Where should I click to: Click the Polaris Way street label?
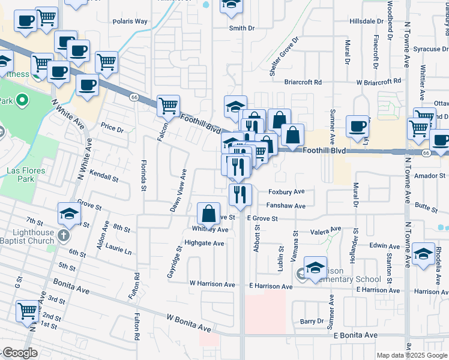(130, 21)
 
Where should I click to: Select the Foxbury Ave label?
(286, 192)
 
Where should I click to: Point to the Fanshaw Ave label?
(286, 206)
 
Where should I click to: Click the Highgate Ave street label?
(204, 243)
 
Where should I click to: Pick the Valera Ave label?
(325, 230)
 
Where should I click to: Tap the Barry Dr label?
(312, 322)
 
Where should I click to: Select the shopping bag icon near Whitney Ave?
(208, 213)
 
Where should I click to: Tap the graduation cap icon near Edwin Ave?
(423, 253)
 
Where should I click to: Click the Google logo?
(19, 353)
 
